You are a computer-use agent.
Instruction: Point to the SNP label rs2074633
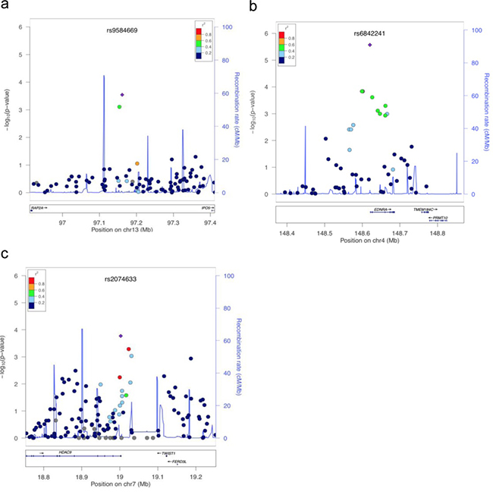pos(121,280)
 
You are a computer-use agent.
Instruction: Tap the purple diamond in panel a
pos(121,95)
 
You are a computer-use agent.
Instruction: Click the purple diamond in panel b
pos(369,45)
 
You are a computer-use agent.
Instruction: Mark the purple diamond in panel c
pos(121,336)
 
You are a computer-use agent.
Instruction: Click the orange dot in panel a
pos(137,163)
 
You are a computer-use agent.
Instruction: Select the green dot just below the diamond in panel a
pos(119,107)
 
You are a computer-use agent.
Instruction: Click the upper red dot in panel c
pos(130,348)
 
